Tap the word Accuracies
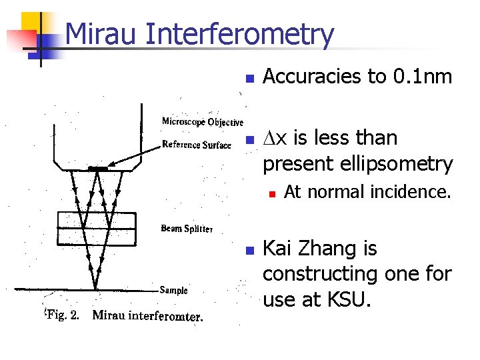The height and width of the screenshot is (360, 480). [313, 77]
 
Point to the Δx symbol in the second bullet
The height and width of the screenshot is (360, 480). [275, 138]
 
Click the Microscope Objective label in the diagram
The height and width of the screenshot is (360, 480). [203, 121]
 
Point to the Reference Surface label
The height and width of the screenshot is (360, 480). [197, 145]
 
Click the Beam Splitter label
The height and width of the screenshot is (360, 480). [187, 229]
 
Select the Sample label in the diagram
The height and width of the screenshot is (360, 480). [173, 290]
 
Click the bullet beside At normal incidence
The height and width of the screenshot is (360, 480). [272, 193]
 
